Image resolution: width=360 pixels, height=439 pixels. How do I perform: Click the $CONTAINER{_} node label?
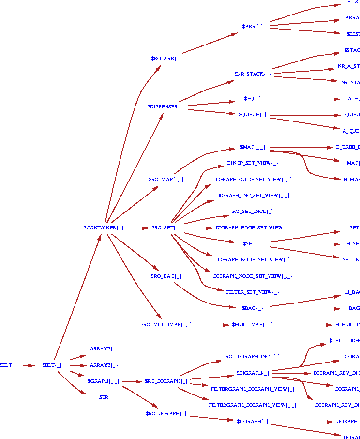point(104,227)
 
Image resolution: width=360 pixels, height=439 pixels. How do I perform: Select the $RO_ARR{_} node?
point(166,58)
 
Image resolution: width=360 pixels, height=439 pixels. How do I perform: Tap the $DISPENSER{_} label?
point(166,106)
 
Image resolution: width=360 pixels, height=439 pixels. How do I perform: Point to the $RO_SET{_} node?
point(166,227)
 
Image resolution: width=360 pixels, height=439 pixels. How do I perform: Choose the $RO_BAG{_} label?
point(166,276)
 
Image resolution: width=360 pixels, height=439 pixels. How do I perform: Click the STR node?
point(104,397)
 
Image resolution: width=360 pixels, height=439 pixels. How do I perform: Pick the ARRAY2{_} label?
point(104,348)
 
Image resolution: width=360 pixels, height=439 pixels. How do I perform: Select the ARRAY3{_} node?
point(104,365)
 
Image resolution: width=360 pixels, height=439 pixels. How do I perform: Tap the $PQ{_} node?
point(252,99)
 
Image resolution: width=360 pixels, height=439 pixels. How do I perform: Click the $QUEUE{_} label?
point(252,115)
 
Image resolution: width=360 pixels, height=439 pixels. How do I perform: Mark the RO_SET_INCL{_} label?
point(252,212)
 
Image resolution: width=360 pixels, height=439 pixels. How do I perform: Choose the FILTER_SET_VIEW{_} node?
point(252,292)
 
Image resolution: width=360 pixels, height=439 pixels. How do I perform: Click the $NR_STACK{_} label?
point(252,74)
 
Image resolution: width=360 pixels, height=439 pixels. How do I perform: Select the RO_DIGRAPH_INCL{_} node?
point(252,357)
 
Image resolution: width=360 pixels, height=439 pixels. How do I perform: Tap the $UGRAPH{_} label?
point(252,421)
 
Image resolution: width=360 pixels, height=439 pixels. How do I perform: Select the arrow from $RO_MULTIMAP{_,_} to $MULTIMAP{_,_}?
point(211,324)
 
